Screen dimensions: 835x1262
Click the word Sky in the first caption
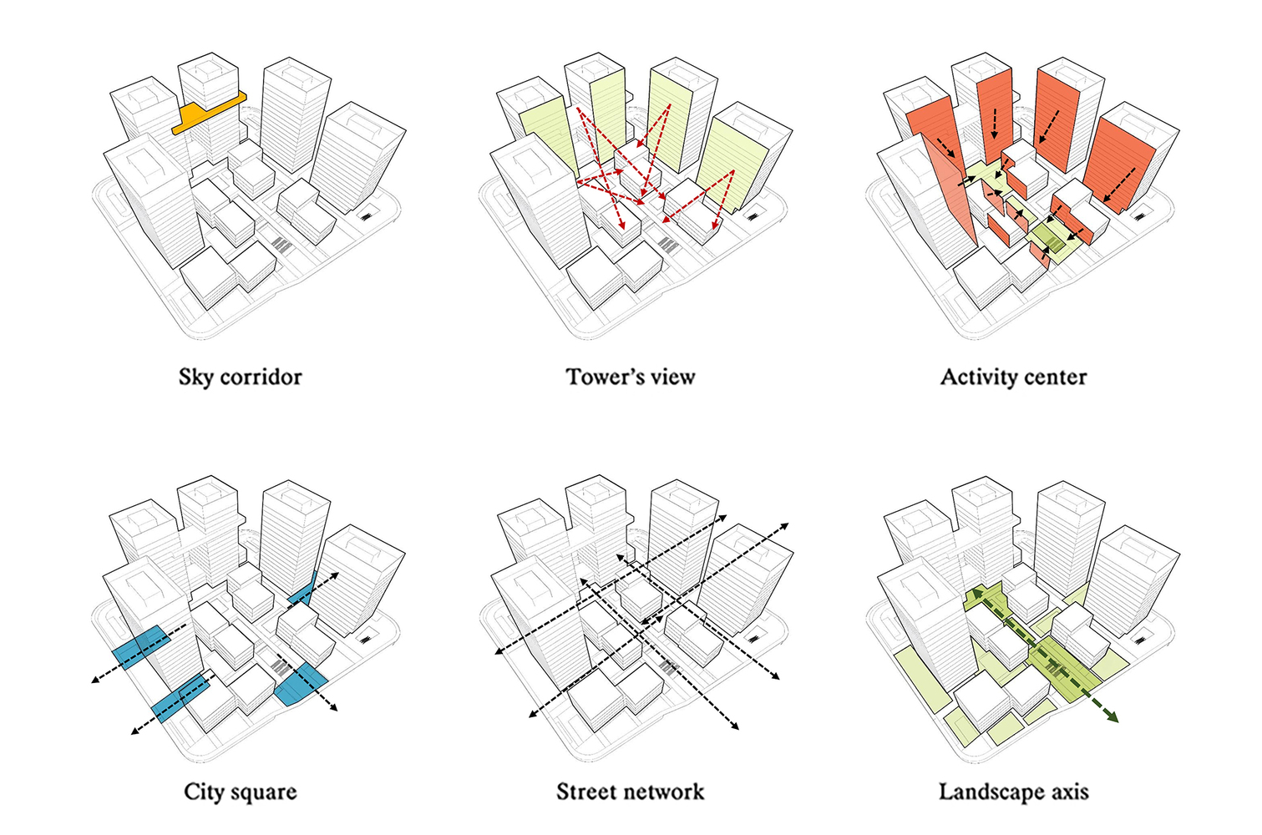pyautogui.click(x=195, y=377)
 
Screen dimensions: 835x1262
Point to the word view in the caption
pyautogui.click(x=673, y=377)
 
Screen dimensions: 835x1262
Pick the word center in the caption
pyautogui.click(x=1056, y=377)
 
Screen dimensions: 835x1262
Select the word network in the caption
pyautogui.click(x=666, y=792)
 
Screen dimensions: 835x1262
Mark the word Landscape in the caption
pyautogui.click(x=991, y=792)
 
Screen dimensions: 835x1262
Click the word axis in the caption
pyautogui.click(x=1069, y=792)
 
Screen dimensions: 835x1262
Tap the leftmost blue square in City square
pyautogui.click(x=140, y=648)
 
